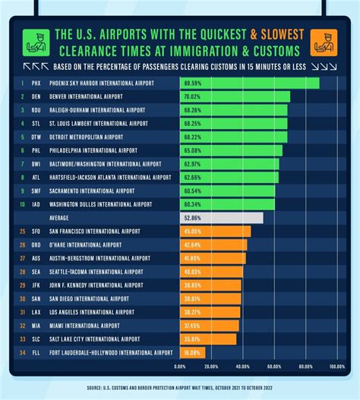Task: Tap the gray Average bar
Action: click(221, 218)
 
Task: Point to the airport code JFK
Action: click(35, 285)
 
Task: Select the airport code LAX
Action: click(35, 312)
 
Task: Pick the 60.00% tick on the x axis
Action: click(274, 367)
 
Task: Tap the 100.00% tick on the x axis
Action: click(337, 367)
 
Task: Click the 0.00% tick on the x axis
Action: click(180, 367)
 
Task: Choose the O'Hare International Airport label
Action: click(85, 245)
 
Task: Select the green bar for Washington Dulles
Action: click(227, 204)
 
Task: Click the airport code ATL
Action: click(35, 178)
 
